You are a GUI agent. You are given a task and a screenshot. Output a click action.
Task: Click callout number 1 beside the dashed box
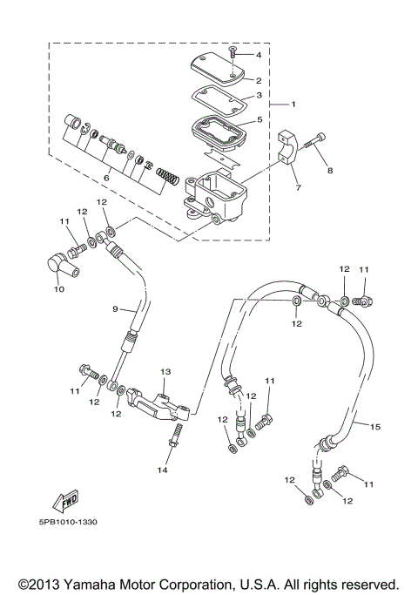293,105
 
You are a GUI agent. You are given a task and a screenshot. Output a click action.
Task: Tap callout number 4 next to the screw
258,55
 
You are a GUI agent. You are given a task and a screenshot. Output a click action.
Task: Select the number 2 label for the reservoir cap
258,80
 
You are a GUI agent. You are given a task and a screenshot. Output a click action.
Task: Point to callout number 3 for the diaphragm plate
258,98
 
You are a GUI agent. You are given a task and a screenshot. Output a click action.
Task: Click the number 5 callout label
258,120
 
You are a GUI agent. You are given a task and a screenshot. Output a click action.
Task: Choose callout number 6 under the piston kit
105,177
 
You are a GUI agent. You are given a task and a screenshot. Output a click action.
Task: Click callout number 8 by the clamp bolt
330,171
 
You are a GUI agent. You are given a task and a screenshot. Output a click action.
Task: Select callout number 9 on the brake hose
114,308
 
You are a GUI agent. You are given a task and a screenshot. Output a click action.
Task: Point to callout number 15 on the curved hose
375,427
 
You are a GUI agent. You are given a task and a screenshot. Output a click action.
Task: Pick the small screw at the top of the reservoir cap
233,53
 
